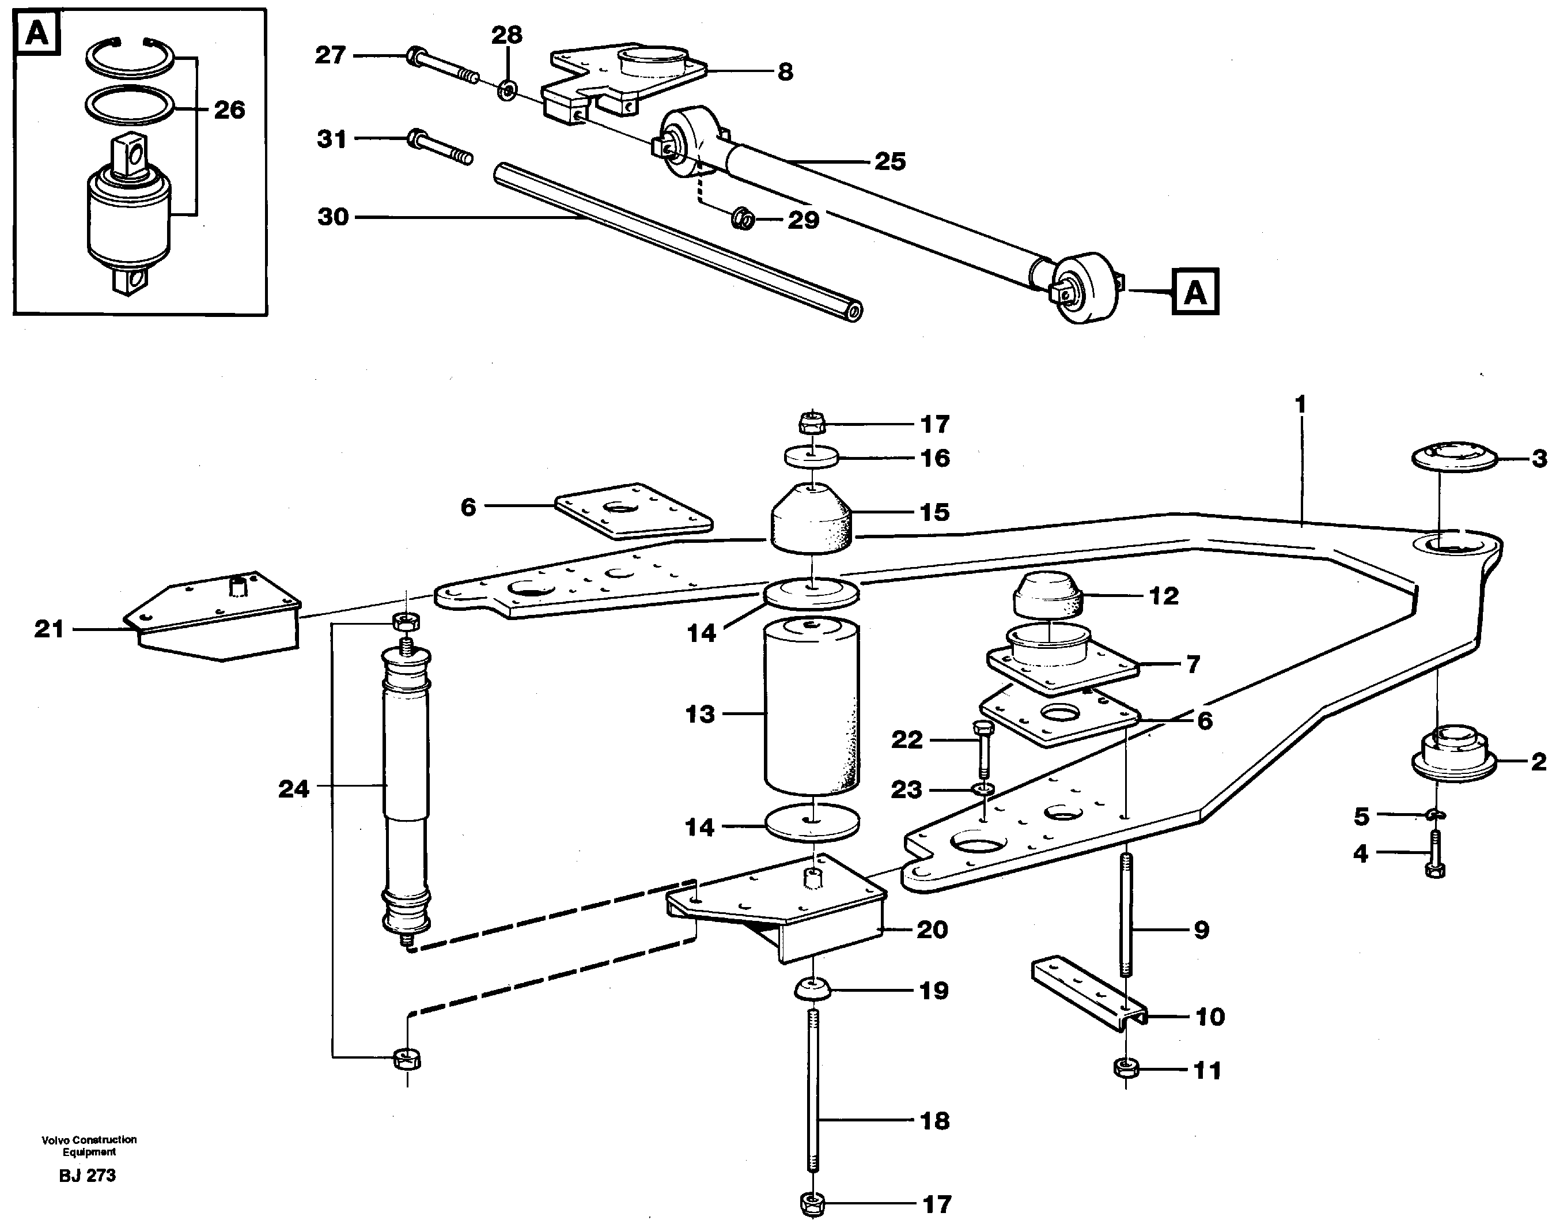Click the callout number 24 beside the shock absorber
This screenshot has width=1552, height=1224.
(294, 789)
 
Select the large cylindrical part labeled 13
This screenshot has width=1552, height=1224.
(811, 706)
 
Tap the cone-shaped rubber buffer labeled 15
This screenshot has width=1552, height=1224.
(811, 520)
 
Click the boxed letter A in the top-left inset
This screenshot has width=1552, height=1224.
(37, 33)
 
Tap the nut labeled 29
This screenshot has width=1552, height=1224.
(743, 218)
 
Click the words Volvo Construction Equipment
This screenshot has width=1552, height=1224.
(89, 1145)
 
